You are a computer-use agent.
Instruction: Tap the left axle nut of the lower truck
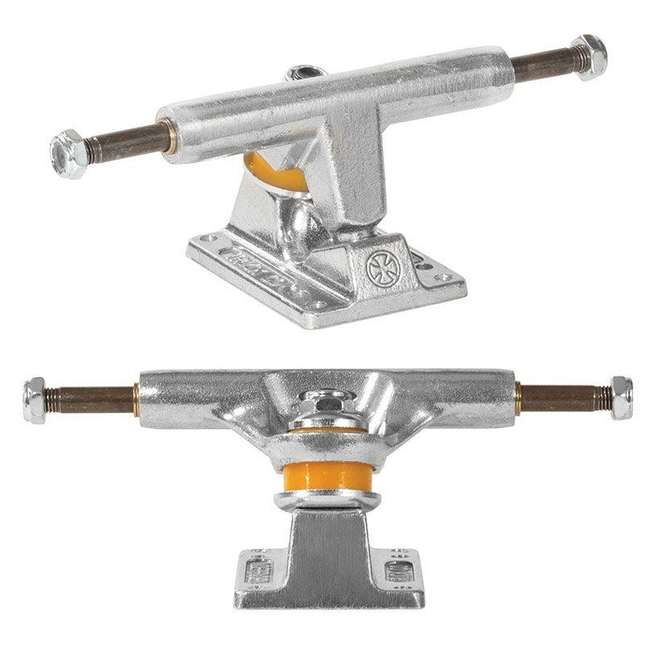[35, 397]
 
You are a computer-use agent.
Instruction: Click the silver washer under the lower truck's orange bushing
[322, 500]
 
